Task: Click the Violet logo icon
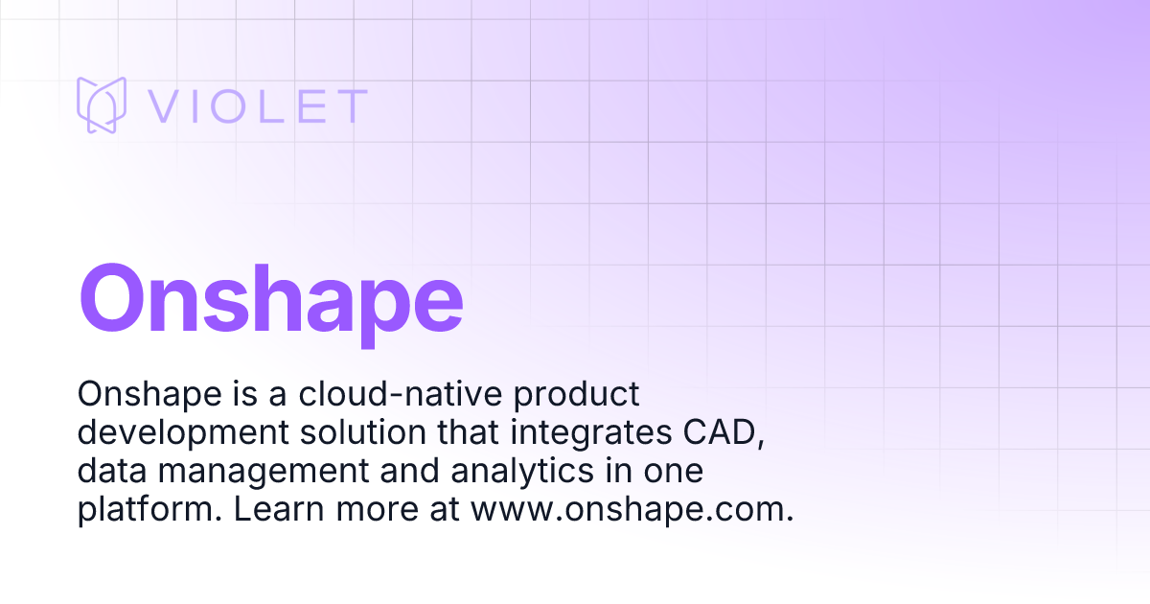pyautogui.click(x=102, y=105)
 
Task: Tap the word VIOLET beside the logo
pyautogui.click(x=257, y=106)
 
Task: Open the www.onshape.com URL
pyautogui.click(x=632, y=509)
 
